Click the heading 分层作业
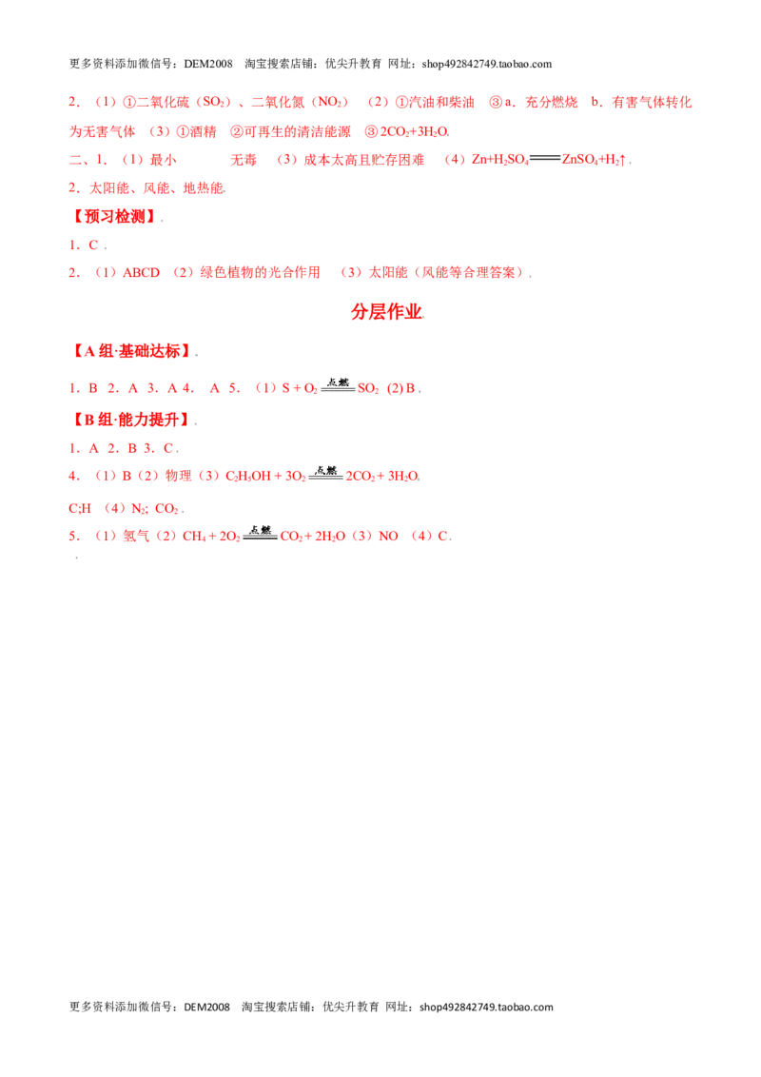coord(386,312)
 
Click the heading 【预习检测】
coord(114,216)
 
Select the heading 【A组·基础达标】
coord(131,351)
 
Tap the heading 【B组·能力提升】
coord(131,419)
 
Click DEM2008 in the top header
coord(208,64)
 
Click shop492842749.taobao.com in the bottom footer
coord(486,1007)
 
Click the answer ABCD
coord(141,273)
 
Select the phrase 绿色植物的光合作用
coord(260,273)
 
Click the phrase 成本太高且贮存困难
coord(364,160)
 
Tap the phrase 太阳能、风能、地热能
coord(156,188)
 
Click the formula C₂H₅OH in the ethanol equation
coord(248,476)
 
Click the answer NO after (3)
coord(388,536)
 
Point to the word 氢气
coord(136,536)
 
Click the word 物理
coord(179,476)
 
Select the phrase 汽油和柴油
coord(441,103)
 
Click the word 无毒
coord(244,160)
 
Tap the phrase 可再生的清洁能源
coord(298,131)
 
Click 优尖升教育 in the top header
coord(353,64)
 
